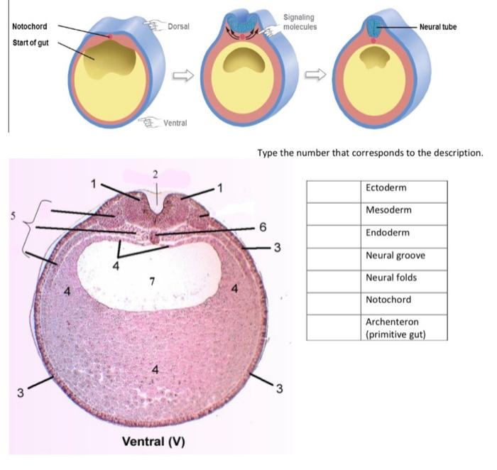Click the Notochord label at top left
click(30, 27)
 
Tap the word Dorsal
click(177, 26)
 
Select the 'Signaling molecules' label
click(299, 22)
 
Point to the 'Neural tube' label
click(437, 27)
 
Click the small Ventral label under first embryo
click(175, 123)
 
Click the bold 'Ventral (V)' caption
click(153, 441)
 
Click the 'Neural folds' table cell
click(405, 278)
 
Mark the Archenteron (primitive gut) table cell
click(405, 327)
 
